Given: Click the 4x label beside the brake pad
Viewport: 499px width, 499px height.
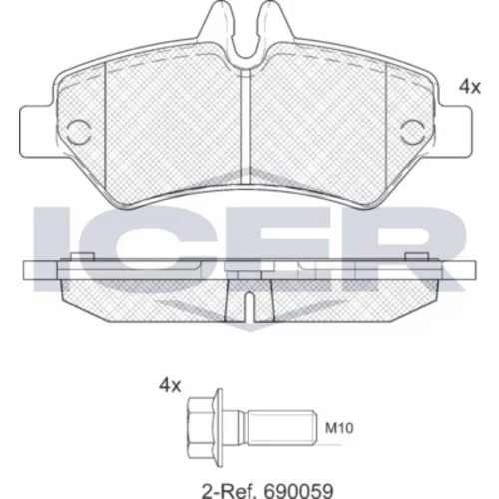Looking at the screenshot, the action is tap(470, 87).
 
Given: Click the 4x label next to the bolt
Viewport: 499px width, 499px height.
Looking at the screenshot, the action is tap(170, 386).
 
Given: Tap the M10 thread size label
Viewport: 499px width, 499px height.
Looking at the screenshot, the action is tap(339, 428).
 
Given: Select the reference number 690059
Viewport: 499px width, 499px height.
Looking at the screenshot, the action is tap(298, 490).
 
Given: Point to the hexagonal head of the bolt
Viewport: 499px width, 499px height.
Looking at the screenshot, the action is tap(202, 428).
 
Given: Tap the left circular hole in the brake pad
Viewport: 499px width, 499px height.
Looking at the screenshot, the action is tap(79, 132).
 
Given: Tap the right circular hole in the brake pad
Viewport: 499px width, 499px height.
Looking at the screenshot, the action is tap(412, 132).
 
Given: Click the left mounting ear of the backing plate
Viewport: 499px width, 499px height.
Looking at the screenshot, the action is tap(37, 131).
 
